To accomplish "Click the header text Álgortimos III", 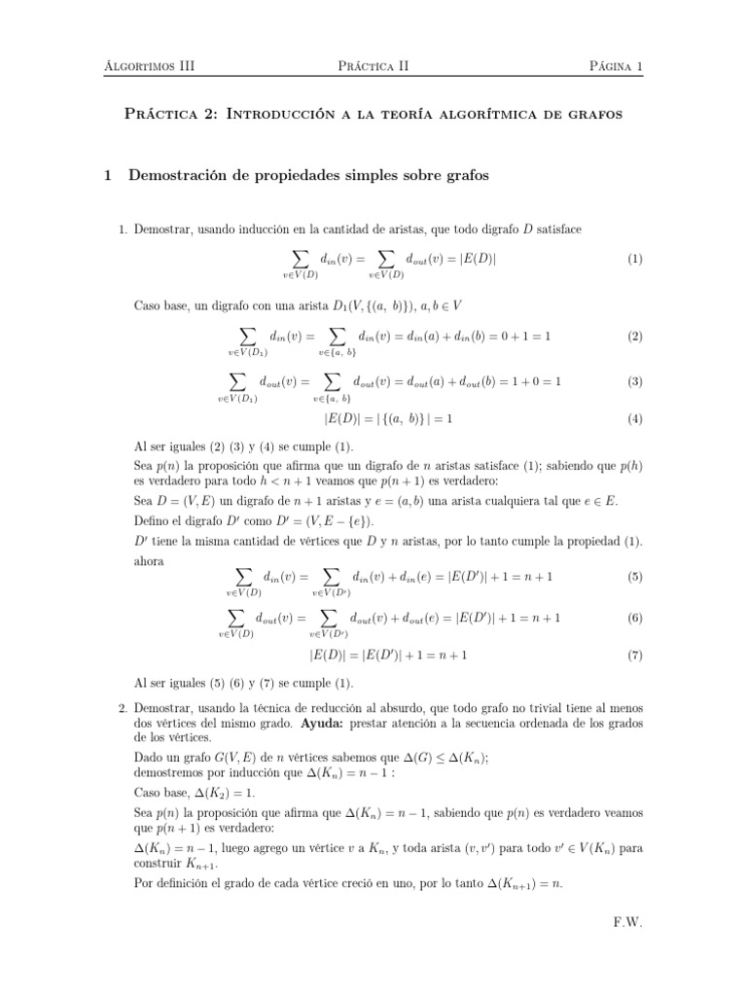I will pos(148,66).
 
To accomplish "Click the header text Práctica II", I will pos(373,66).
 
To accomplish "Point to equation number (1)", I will pos(634,259).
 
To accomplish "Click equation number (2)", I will pos(634,336).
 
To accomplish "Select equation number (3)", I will pos(634,381).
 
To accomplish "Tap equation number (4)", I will pos(634,419).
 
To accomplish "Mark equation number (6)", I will pos(634,618).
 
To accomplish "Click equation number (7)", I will pos(634,655).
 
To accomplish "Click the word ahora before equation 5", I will pos(149,561).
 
